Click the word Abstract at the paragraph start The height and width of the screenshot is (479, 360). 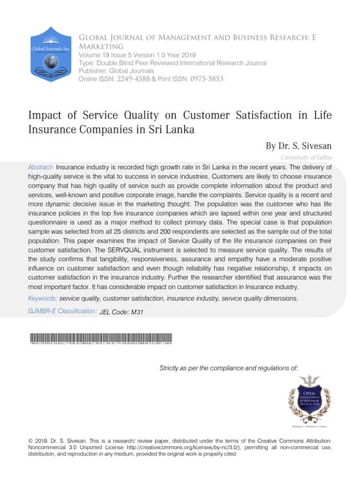point(40,167)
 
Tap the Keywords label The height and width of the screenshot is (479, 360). point(42,298)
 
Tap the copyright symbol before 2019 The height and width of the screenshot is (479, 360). point(30,439)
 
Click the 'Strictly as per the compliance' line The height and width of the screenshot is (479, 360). point(229,368)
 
